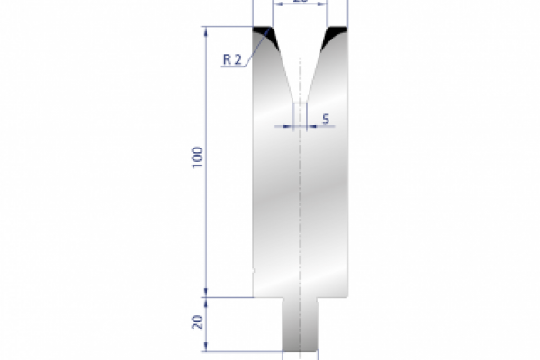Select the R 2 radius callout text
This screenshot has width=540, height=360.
231,59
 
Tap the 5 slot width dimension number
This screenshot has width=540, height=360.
324,119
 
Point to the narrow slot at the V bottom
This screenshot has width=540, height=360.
301,112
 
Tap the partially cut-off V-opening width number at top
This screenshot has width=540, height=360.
301,2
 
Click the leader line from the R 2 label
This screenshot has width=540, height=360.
253,49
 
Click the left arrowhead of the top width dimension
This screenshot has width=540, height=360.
274,4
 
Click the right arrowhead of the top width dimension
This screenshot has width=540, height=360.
326,4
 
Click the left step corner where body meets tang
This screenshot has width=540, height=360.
283,296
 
